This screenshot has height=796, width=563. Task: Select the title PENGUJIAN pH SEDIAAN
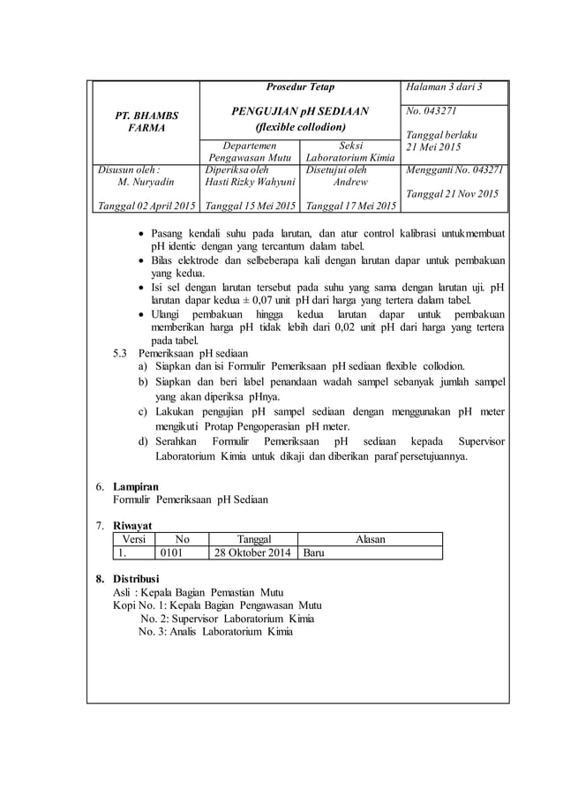(299, 111)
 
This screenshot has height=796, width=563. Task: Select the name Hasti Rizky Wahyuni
(250, 182)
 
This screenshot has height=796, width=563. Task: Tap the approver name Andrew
(349, 182)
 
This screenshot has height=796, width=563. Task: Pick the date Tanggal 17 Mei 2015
(349, 207)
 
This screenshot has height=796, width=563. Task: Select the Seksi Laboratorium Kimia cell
(349, 152)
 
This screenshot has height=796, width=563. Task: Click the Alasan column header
(369, 538)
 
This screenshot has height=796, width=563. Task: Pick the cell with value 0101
(173, 552)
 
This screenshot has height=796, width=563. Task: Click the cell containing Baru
(316, 552)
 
